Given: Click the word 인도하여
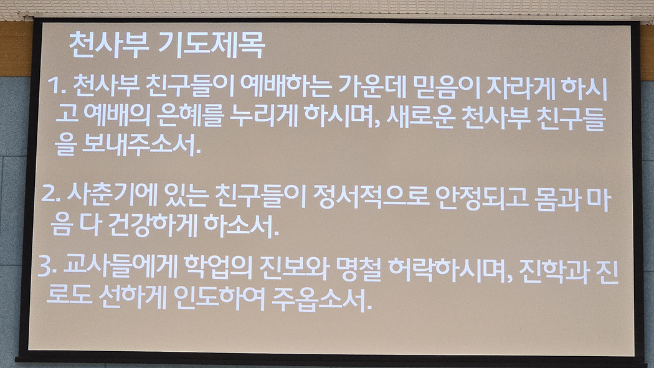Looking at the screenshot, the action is click(x=219, y=298).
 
